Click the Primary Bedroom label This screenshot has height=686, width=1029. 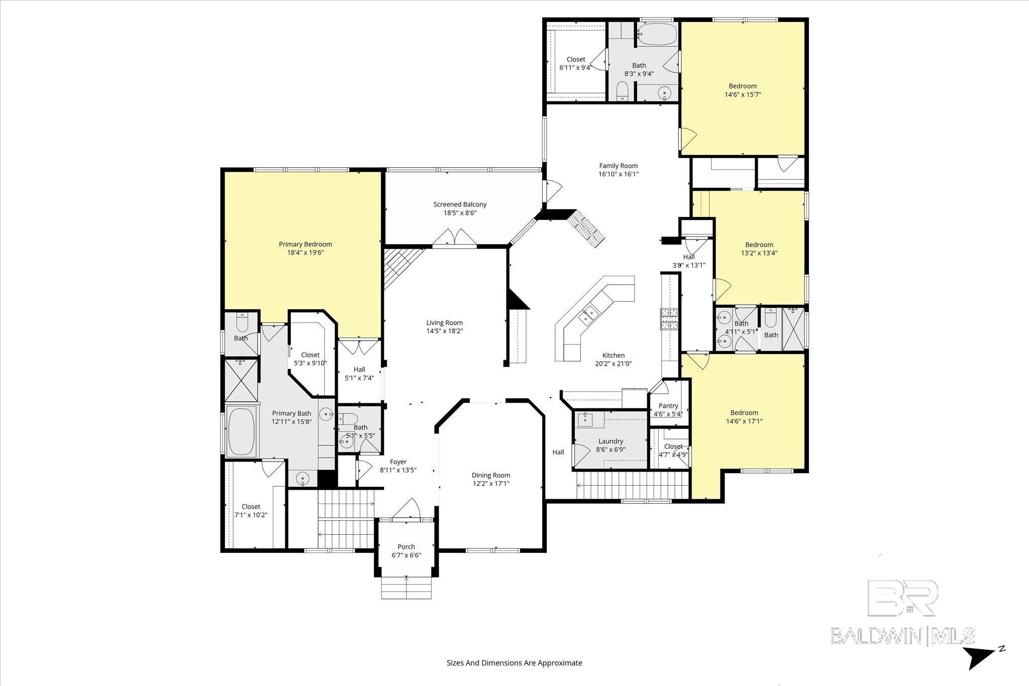[x=305, y=244]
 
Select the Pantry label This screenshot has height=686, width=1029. [x=668, y=406]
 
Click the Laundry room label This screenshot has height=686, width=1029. [x=610, y=441]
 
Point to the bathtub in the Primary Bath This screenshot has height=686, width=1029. [x=242, y=431]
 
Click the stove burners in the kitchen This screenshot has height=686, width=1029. [x=669, y=319]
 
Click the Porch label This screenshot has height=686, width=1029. [x=406, y=546]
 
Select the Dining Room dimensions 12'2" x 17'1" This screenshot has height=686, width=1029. [x=491, y=484]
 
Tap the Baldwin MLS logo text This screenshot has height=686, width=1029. [x=902, y=635]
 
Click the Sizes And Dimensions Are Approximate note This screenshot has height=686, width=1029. [x=514, y=662]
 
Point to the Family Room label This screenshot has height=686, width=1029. [x=618, y=166]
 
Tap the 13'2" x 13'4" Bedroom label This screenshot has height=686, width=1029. [x=759, y=245]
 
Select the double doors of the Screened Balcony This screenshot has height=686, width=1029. [x=455, y=238]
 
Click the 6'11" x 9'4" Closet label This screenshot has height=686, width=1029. [x=576, y=59]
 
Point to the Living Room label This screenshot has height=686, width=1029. [x=444, y=323]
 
